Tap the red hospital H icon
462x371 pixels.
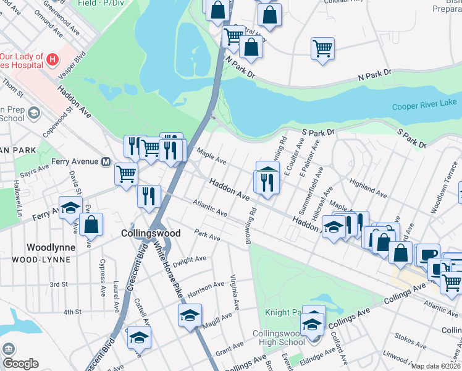tap(52, 59)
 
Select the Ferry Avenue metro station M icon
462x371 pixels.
tap(106, 162)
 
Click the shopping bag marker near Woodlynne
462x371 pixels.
tap(91, 224)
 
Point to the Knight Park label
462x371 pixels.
tap(283, 313)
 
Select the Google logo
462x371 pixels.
tap(20, 363)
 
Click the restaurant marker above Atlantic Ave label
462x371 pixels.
tap(148, 196)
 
